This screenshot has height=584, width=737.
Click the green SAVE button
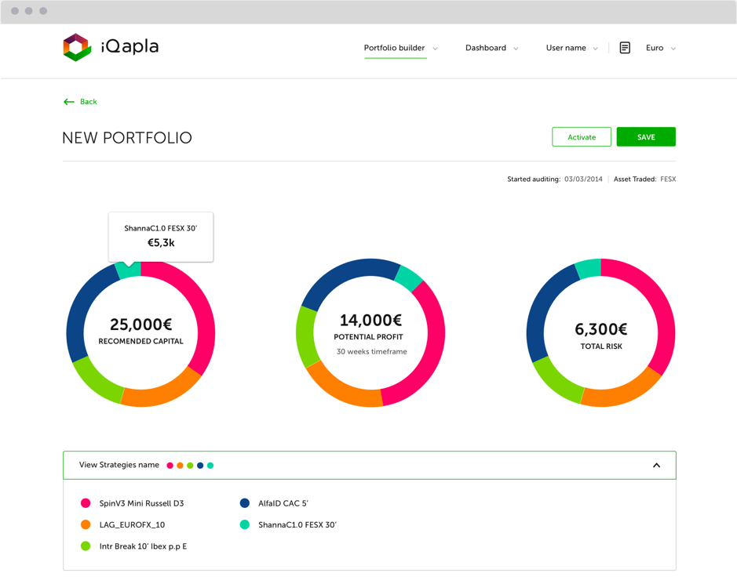click(x=646, y=136)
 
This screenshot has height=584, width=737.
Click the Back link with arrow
click(x=80, y=101)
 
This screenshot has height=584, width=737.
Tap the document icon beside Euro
click(x=625, y=47)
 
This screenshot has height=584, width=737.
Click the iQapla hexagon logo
click(x=77, y=47)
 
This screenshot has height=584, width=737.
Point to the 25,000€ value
click(x=141, y=324)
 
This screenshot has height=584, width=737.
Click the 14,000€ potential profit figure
click(x=370, y=320)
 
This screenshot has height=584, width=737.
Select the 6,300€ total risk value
click(x=600, y=329)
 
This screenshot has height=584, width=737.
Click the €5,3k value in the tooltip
click(x=161, y=243)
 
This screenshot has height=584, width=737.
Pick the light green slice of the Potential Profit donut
click(x=307, y=336)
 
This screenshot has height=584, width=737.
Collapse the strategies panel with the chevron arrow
click(x=657, y=465)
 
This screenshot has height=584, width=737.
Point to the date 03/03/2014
click(x=583, y=179)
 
